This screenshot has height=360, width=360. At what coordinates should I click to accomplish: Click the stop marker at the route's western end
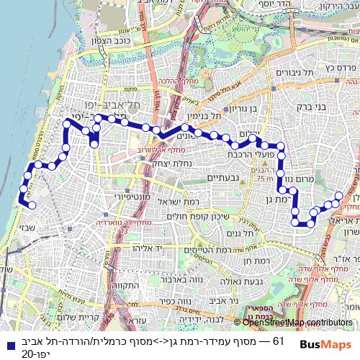tap(31, 205)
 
